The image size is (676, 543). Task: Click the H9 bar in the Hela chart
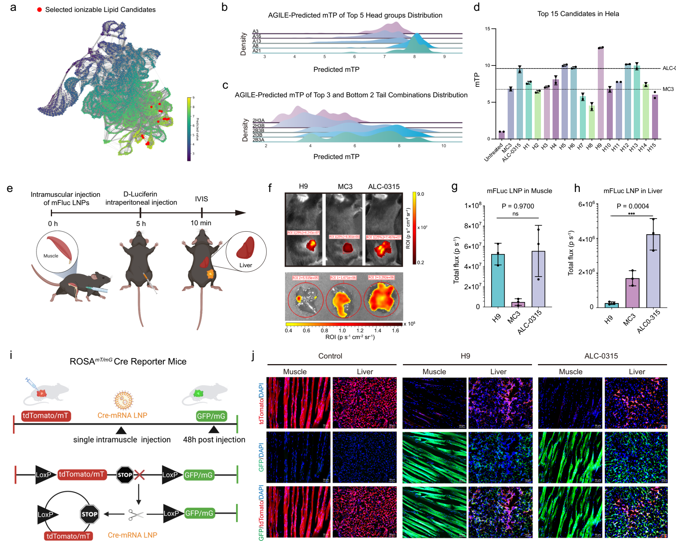pyautogui.click(x=601, y=94)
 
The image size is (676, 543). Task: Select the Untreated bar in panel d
pyautogui.click(x=502, y=135)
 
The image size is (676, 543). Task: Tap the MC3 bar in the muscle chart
pyautogui.click(x=518, y=304)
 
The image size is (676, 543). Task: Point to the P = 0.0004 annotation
pyautogui.click(x=633, y=206)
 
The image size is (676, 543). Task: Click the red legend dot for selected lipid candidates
pyautogui.click(x=39, y=10)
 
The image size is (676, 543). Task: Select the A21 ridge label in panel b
pyautogui.click(x=257, y=51)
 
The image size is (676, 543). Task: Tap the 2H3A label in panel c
pyautogui.click(x=259, y=121)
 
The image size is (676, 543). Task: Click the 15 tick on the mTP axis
pyautogui.click(x=487, y=29)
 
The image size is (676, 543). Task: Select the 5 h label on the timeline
pyautogui.click(x=141, y=224)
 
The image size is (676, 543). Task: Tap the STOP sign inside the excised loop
pyautogui.click(x=89, y=514)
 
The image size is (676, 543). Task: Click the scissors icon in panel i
pyautogui.click(x=135, y=515)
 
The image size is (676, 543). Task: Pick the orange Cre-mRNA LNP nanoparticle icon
pyautogui.click(x=123, y=400)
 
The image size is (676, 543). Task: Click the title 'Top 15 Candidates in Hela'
pyautogui.click(x=578, y=14)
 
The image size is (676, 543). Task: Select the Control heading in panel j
pyautogui.click(x=330, y=356)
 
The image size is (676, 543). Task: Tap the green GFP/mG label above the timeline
pyautogui.click(x=211, y=416)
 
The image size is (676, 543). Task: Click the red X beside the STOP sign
pyautogui.click(x=140, y=475)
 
